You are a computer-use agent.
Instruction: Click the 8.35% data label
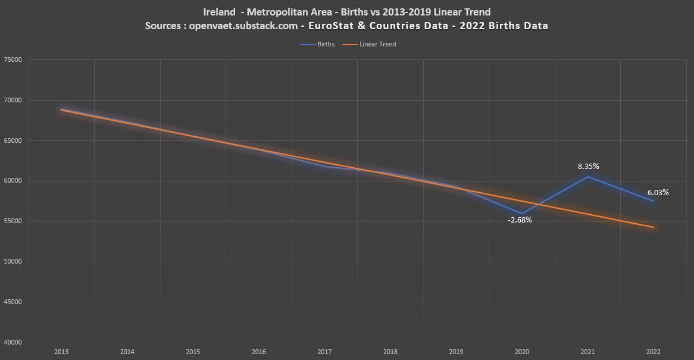[x=588, y=167]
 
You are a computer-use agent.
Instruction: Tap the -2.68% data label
[x=520, y=220]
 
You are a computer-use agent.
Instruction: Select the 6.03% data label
[x=658, y=193]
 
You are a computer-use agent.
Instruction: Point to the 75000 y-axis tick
[x=12, y=60]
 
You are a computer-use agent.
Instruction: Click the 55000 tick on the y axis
[x=12, y=221]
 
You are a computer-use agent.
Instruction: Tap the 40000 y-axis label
[x=12, y=342]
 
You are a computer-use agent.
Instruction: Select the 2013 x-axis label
[x=61, y=352]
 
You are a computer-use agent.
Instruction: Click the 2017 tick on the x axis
[x=324, y=352]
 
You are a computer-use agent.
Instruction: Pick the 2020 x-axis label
[x=522, y=352]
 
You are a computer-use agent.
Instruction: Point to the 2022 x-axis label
[x=654, y=352]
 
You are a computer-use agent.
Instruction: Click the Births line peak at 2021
[x=588, y=177]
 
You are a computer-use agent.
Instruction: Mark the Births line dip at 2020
[x=522, y=213]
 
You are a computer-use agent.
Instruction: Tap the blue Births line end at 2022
[x=654, y=201]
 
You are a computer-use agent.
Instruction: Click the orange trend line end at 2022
[x=654, y=227]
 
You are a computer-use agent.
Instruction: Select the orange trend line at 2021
[x=588, y=214]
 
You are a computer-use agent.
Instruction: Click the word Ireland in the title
[x=219, y=12]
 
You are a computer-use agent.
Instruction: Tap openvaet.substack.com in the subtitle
[x=243, y=26]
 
